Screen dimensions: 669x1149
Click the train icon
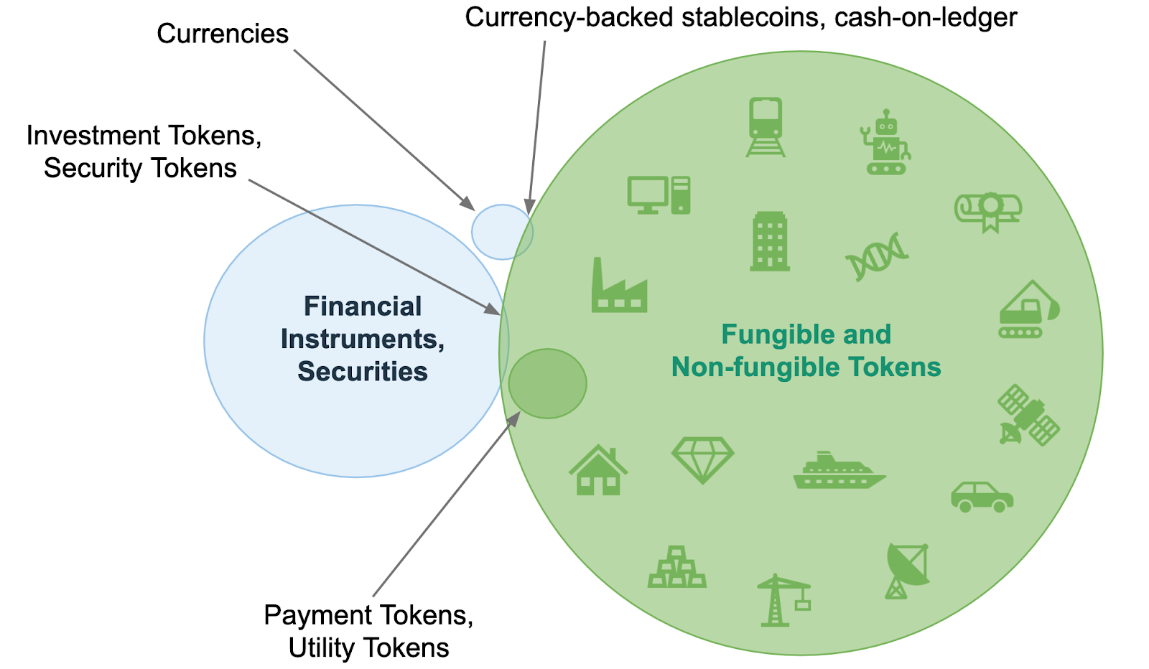[x=766, y=127]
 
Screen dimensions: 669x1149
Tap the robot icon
[x=885, y=143]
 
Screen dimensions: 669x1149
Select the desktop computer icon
[x=659, y=195]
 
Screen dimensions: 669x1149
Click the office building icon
[x=770, y=241]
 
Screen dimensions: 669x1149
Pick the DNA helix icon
[x=877, y=256]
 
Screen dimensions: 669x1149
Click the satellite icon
[x=1028, y=415]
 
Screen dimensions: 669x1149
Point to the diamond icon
[x=702, y=460]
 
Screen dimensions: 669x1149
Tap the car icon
[x=982, y=496]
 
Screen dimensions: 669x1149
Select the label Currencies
[x=223, y=34]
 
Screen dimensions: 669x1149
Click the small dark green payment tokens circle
[x=547, y=383]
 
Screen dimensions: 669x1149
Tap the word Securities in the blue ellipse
[x=363, y=371]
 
